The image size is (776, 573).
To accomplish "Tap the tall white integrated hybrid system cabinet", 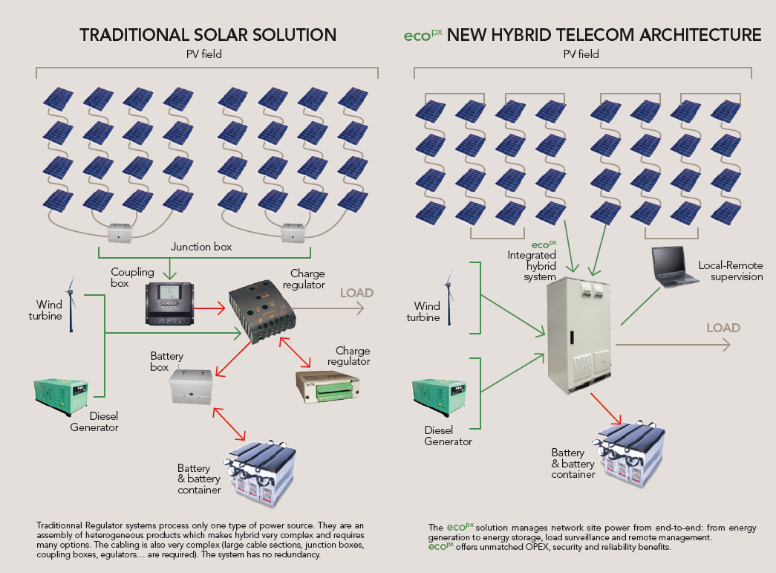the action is (x=578, y=335).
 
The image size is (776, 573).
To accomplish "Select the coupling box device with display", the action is (x=169, y=303).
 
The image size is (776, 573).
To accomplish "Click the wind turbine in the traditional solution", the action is (x=71, y=304).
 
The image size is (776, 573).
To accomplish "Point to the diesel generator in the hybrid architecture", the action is (x=439, y=396).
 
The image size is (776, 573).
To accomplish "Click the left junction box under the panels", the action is (x=120, y=233).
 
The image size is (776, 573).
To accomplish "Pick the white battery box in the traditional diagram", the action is (x=191, y=386).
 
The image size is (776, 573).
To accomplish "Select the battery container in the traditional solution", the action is (x=261, y=473).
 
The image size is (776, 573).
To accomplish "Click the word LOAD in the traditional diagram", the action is (x=356, y=293).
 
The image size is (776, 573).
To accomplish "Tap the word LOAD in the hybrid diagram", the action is (x=723, y=328).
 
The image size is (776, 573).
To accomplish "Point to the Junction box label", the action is (x=201, y=247).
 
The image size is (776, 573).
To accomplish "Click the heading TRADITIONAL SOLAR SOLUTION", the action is (x=208, y=35).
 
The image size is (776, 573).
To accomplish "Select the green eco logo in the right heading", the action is (x=422, y=35).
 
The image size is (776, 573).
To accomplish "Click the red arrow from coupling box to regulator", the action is (x=209, y=308).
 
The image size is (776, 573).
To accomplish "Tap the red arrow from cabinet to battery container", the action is (x=606, y=409).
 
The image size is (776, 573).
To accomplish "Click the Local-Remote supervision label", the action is (x=731, y=271).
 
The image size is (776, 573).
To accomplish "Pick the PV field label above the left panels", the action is (x=204, y=54).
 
